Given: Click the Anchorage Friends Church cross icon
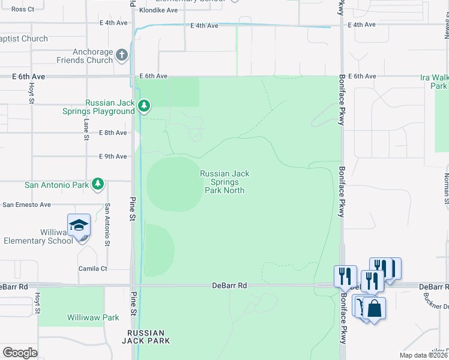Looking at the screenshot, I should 122,56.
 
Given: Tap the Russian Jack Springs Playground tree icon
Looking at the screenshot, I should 144,107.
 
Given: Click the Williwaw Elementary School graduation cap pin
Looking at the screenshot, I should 79,226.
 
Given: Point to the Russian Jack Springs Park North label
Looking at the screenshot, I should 224,182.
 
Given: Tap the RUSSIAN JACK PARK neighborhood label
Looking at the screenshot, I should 146,337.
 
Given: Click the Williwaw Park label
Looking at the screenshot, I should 93,317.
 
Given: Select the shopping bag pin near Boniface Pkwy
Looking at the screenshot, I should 375,309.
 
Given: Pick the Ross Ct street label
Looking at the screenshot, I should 23,9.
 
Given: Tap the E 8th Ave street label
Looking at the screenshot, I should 113,133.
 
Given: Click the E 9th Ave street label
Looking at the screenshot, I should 113,157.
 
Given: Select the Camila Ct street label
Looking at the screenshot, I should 92,268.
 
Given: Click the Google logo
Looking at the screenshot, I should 20,353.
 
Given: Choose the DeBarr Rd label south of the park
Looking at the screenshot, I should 230,286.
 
